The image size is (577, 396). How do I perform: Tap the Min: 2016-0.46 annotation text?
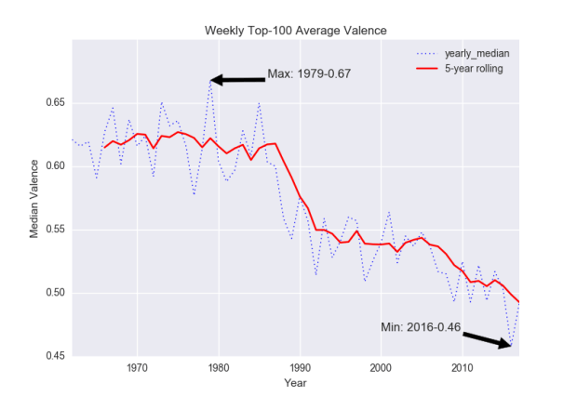[x=421, y=326]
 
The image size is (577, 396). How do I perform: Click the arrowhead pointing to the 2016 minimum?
[x=506, y=345]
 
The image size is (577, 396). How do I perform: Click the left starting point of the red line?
[x=105, y=146]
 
